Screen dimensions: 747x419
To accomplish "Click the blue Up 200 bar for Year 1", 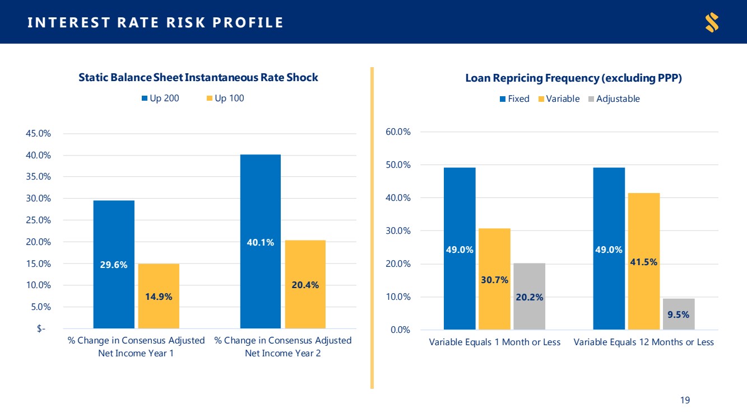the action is tap(114, 264).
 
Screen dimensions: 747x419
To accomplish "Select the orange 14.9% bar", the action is tap(159, 296).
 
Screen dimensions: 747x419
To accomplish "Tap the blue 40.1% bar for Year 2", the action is tap(261, 241).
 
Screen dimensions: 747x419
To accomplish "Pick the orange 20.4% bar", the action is tap(305, 284).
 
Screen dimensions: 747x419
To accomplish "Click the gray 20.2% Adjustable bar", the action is tap(529, 296).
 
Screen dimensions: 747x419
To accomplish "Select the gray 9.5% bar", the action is tap(679, 314).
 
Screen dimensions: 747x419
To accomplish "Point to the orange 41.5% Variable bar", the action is tap(644, 261).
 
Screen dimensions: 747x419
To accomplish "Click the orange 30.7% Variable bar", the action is tap(495, 279).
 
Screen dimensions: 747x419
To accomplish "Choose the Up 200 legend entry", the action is tap(160, 98).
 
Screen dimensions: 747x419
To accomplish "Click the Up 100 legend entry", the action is tap(225, 98).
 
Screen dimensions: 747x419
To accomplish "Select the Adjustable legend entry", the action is tap(614, 99).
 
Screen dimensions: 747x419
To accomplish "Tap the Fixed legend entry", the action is tap(514, 99).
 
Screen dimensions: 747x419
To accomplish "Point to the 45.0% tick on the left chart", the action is tap(38, 134).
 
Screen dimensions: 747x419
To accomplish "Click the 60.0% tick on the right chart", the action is tap(398, 132).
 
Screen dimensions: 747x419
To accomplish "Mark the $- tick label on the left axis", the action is tap(41, 329).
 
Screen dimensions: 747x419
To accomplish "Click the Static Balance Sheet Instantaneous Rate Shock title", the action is tap(198, 78).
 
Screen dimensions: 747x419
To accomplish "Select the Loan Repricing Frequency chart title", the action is tap(574, 78).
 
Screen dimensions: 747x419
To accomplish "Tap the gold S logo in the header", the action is tap(712, 22).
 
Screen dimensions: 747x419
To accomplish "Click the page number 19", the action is tap(685, 400).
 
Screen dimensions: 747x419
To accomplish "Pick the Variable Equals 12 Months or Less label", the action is tap(644, 342).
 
